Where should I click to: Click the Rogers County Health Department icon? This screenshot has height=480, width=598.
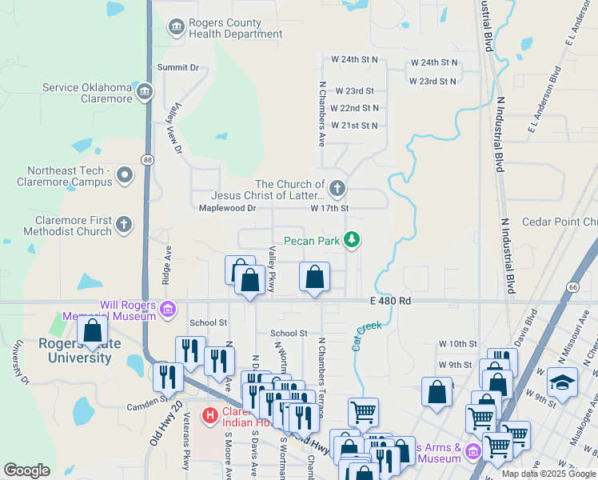tap(175, 29)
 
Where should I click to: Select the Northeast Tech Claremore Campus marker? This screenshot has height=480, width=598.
tap(125, 175)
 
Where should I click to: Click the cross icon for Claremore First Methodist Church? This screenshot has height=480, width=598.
tap(124, 225)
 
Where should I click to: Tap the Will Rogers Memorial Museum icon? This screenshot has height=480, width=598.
tap(167, 309)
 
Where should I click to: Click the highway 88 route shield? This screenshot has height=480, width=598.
tap(148, 160)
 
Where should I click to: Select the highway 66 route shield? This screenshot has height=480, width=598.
tap(573, 286)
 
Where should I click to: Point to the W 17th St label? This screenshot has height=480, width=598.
tap(329, 208)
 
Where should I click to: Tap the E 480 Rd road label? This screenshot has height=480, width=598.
tap(390, 301)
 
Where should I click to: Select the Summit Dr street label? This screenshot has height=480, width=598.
tap(177, 68)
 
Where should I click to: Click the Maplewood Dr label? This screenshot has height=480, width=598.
tap(227, 208)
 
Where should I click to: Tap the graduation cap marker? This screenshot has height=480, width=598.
tap(562, 381)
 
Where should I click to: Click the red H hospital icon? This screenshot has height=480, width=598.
tap(210, 415)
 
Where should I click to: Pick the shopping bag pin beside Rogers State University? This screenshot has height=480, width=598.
tap(93, 330)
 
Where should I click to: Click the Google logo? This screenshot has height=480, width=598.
tap(26, 470)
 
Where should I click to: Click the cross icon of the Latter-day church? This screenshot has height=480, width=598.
tap(337, 189)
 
